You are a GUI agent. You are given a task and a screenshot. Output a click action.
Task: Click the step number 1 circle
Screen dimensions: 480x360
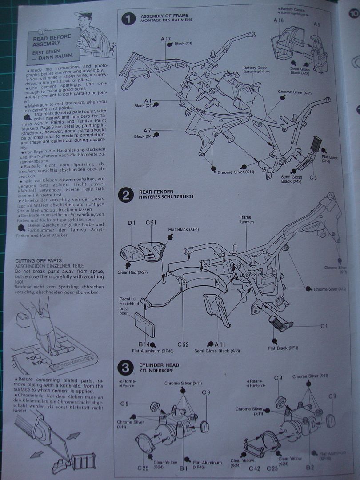(x=128, y=19)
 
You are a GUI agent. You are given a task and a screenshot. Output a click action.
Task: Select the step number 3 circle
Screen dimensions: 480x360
(x=124, y=368)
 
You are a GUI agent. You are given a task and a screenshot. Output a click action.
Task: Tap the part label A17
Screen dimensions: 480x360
(x=166, y=39)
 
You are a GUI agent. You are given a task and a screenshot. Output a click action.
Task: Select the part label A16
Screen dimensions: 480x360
(x=279, y=20)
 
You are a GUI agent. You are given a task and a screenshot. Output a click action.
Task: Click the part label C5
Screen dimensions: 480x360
(x=313, y=178)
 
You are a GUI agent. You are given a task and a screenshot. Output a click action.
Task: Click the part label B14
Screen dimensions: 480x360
(x=143, y=344)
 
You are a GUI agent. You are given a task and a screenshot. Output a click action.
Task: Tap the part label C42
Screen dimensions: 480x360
(x=255, y=468)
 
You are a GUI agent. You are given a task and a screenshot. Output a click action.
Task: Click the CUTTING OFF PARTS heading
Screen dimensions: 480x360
(x=38, y=260)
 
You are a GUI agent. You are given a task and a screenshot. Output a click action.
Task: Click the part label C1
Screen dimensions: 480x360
(x=324, y=326)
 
